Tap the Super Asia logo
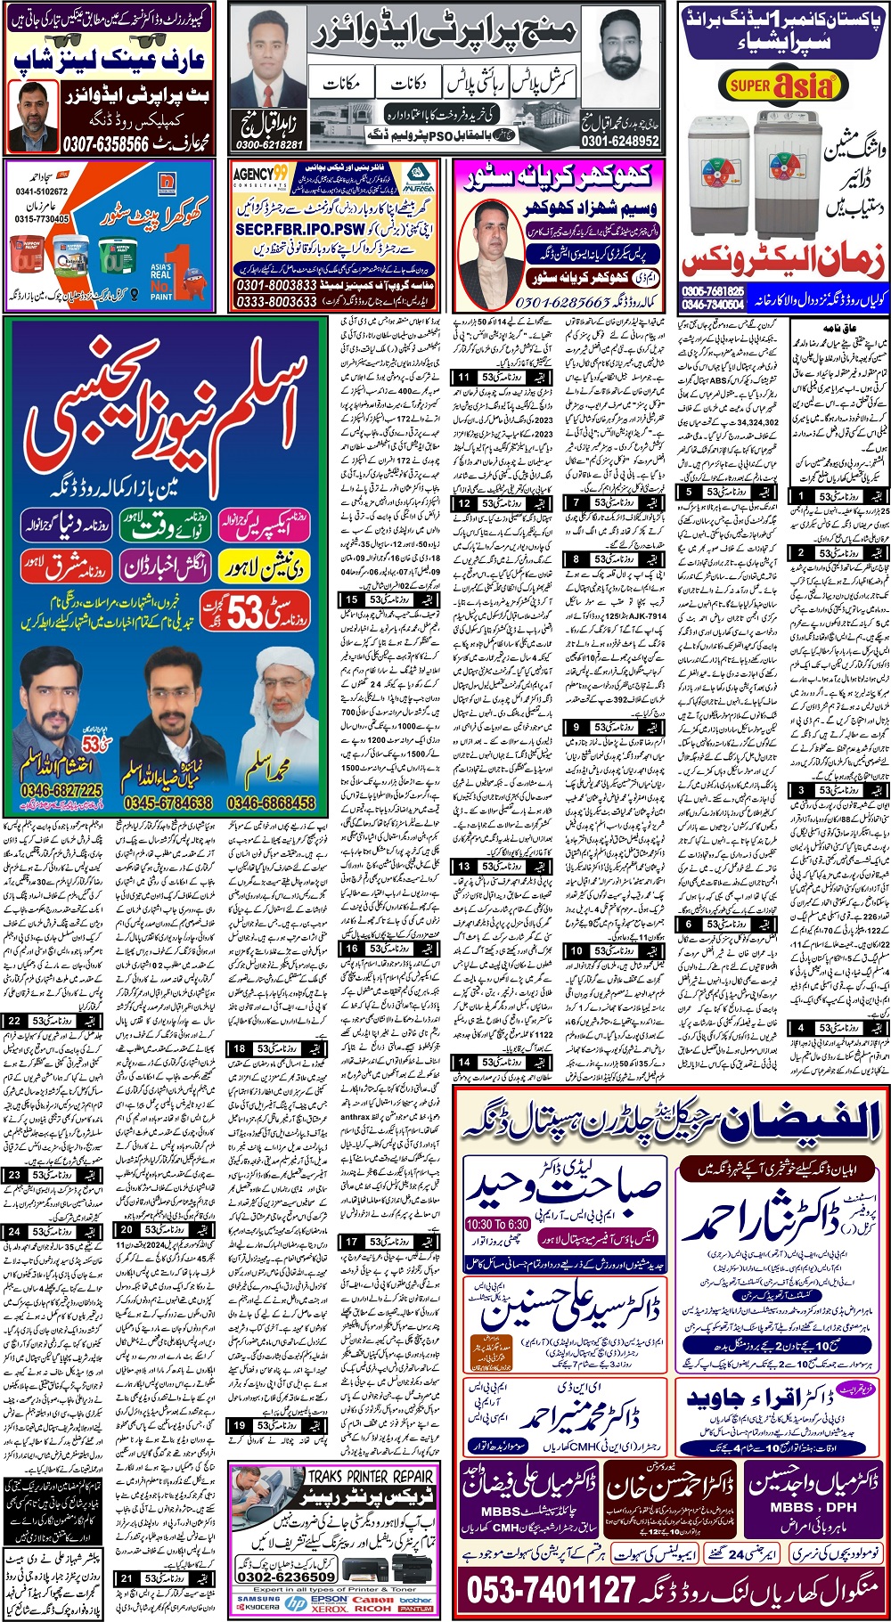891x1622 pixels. [x=781, y=86]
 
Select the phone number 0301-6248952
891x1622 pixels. [x=620, y=141]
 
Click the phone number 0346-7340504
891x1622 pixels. [x=713, y=304]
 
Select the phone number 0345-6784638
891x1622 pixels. [x=168, y=803]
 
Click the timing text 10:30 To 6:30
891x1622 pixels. [x=497, y=1225]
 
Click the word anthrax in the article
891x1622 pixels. [x=355, y=1116]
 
